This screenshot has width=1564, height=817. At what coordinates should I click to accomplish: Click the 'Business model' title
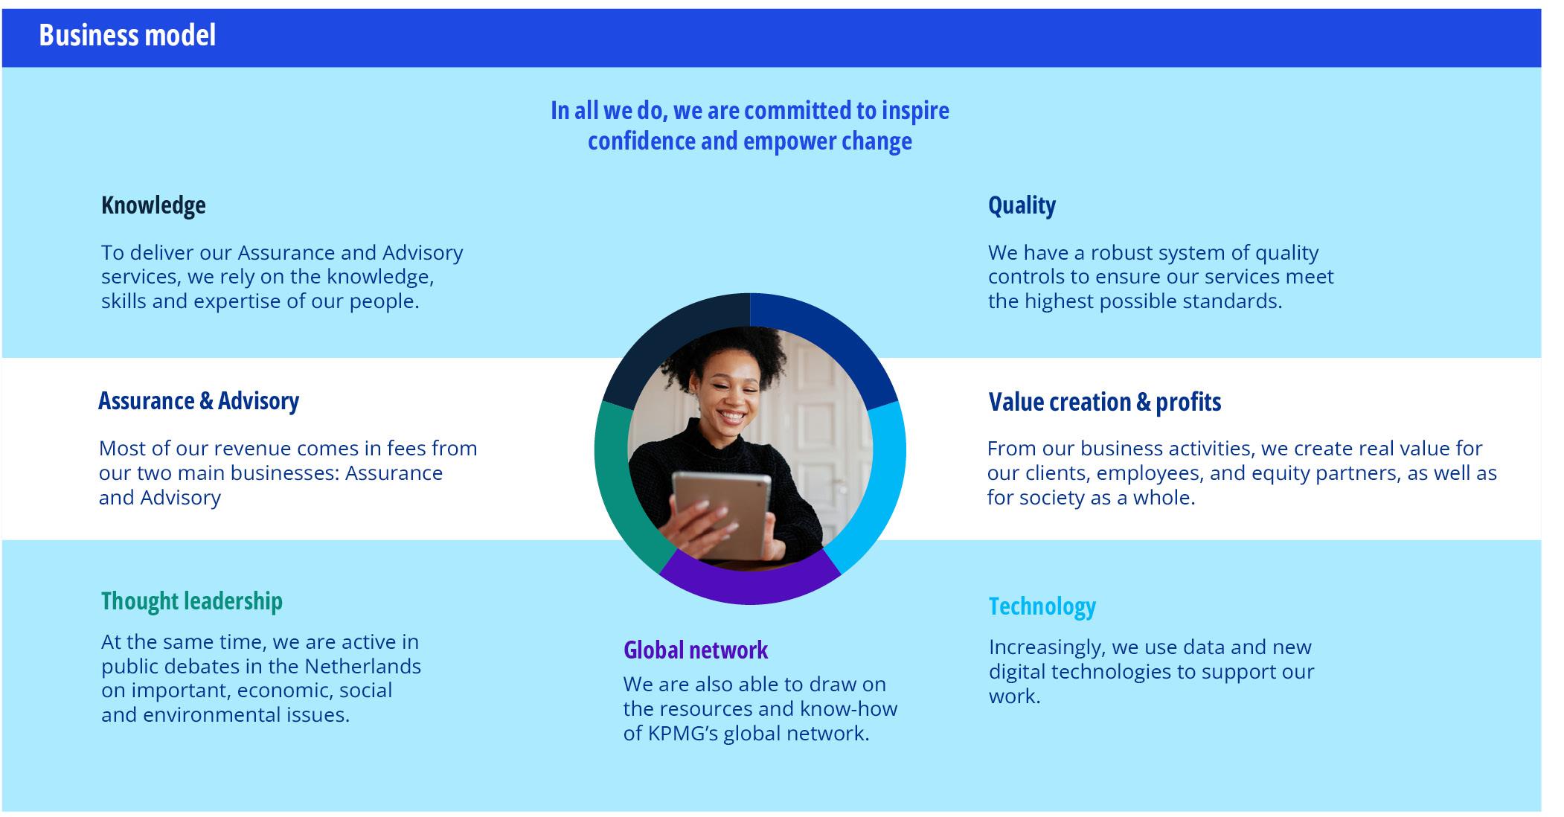point(127,35)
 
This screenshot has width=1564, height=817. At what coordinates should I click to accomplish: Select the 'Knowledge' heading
point(153,205)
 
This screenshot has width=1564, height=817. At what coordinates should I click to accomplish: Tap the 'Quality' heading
point(1022,205)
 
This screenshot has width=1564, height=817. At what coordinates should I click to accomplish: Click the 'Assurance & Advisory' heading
point(199,401)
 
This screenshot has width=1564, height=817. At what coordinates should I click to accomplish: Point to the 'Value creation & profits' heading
point(1105,403)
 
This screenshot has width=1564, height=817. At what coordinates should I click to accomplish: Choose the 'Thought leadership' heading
point(192,601)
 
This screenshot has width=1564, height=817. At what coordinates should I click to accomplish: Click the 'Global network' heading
point(696,650)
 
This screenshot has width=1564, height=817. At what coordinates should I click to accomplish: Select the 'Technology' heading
point(1042,606)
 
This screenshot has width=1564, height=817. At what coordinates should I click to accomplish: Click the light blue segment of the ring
point(882,484)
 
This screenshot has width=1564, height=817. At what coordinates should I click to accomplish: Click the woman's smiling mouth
point(730,416)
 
